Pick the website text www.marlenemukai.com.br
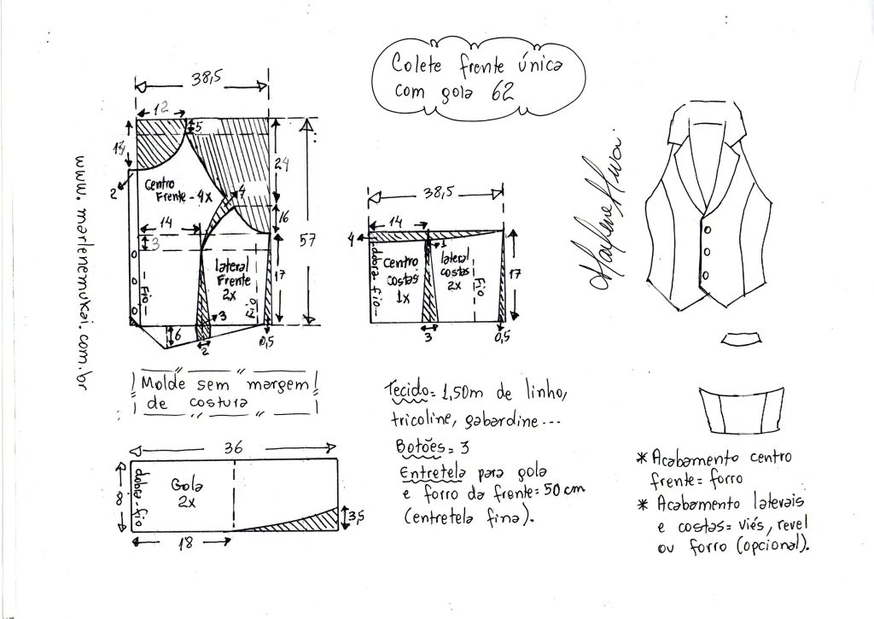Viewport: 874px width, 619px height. (x=84, y=269)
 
